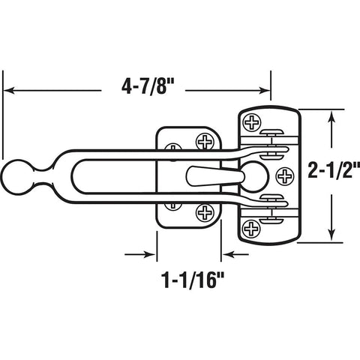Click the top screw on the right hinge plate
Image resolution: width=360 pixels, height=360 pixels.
[253, 120]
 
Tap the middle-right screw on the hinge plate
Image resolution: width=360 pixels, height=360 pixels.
[285, 175]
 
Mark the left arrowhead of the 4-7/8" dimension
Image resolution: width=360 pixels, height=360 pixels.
[9, 91]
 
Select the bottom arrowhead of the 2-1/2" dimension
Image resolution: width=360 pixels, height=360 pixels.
[331, 238]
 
